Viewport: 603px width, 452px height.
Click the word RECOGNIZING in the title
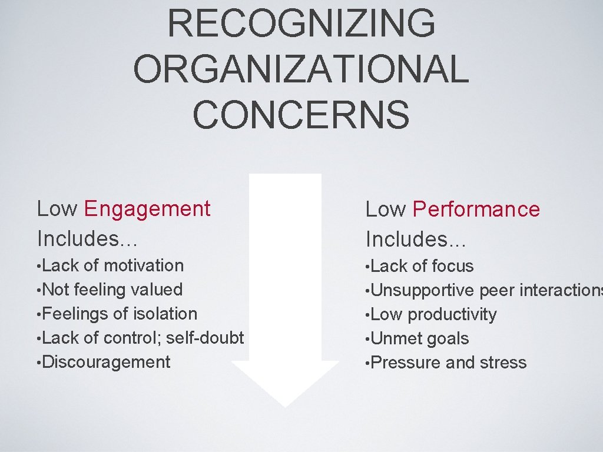(301, 23)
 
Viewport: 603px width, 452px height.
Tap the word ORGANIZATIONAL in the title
(301, 68)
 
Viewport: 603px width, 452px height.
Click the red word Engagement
(147, 209)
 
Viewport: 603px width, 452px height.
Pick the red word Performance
(476, 210)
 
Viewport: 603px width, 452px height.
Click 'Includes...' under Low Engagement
(87, 238)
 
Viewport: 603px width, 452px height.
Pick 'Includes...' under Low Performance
(416, 239)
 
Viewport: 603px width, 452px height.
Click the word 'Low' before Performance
(386, 210)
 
